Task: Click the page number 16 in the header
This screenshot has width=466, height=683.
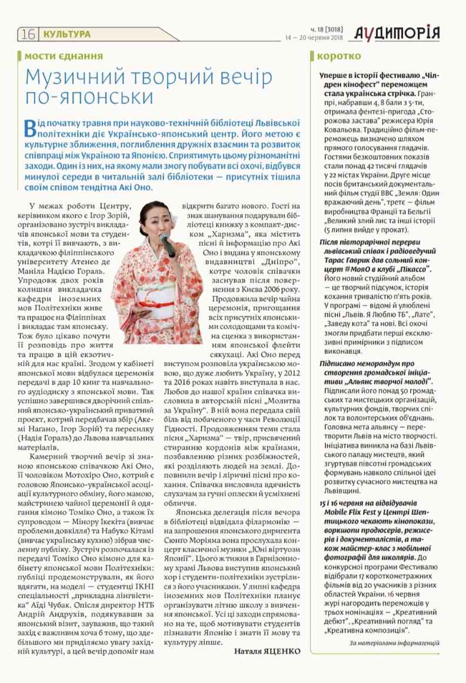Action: click(x=28, y=35)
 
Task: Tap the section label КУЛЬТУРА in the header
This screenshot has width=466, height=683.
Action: click(x=67, y=35)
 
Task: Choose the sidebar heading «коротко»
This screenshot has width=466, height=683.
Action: click(x=339, y=56)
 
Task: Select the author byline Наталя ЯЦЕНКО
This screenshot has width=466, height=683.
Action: click(x=266, y=651)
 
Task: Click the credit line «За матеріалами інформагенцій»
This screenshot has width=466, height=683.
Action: click(x=394, y=643)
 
